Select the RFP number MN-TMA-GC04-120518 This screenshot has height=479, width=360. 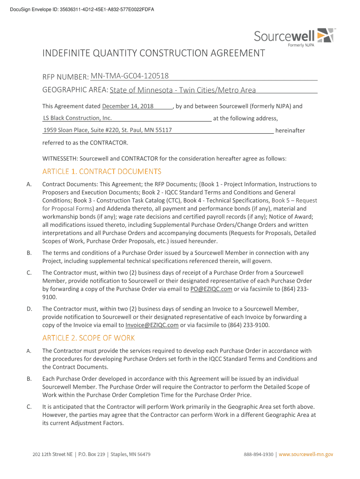130,76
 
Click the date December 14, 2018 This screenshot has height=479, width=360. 128,106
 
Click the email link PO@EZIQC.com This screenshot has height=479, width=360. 211,289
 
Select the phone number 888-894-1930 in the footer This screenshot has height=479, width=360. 259,454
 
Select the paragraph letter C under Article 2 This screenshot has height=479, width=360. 29,406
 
